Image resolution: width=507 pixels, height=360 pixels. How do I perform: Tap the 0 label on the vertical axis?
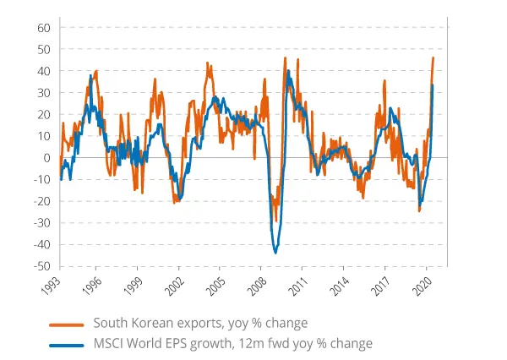[x=48, y=158]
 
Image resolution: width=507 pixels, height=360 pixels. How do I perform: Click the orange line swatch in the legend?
[x=67, y=323]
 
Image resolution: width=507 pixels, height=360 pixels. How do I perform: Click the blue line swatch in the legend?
[x=67, y=344]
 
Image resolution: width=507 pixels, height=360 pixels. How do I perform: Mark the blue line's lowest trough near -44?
[x=275, y=253]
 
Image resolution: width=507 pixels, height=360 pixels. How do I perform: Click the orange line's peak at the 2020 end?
[x=433, y=57]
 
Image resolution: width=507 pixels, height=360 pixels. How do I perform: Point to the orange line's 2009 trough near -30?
[x=276, y=221]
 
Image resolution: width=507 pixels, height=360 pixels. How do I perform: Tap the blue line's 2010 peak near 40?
[x=289, y=71]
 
